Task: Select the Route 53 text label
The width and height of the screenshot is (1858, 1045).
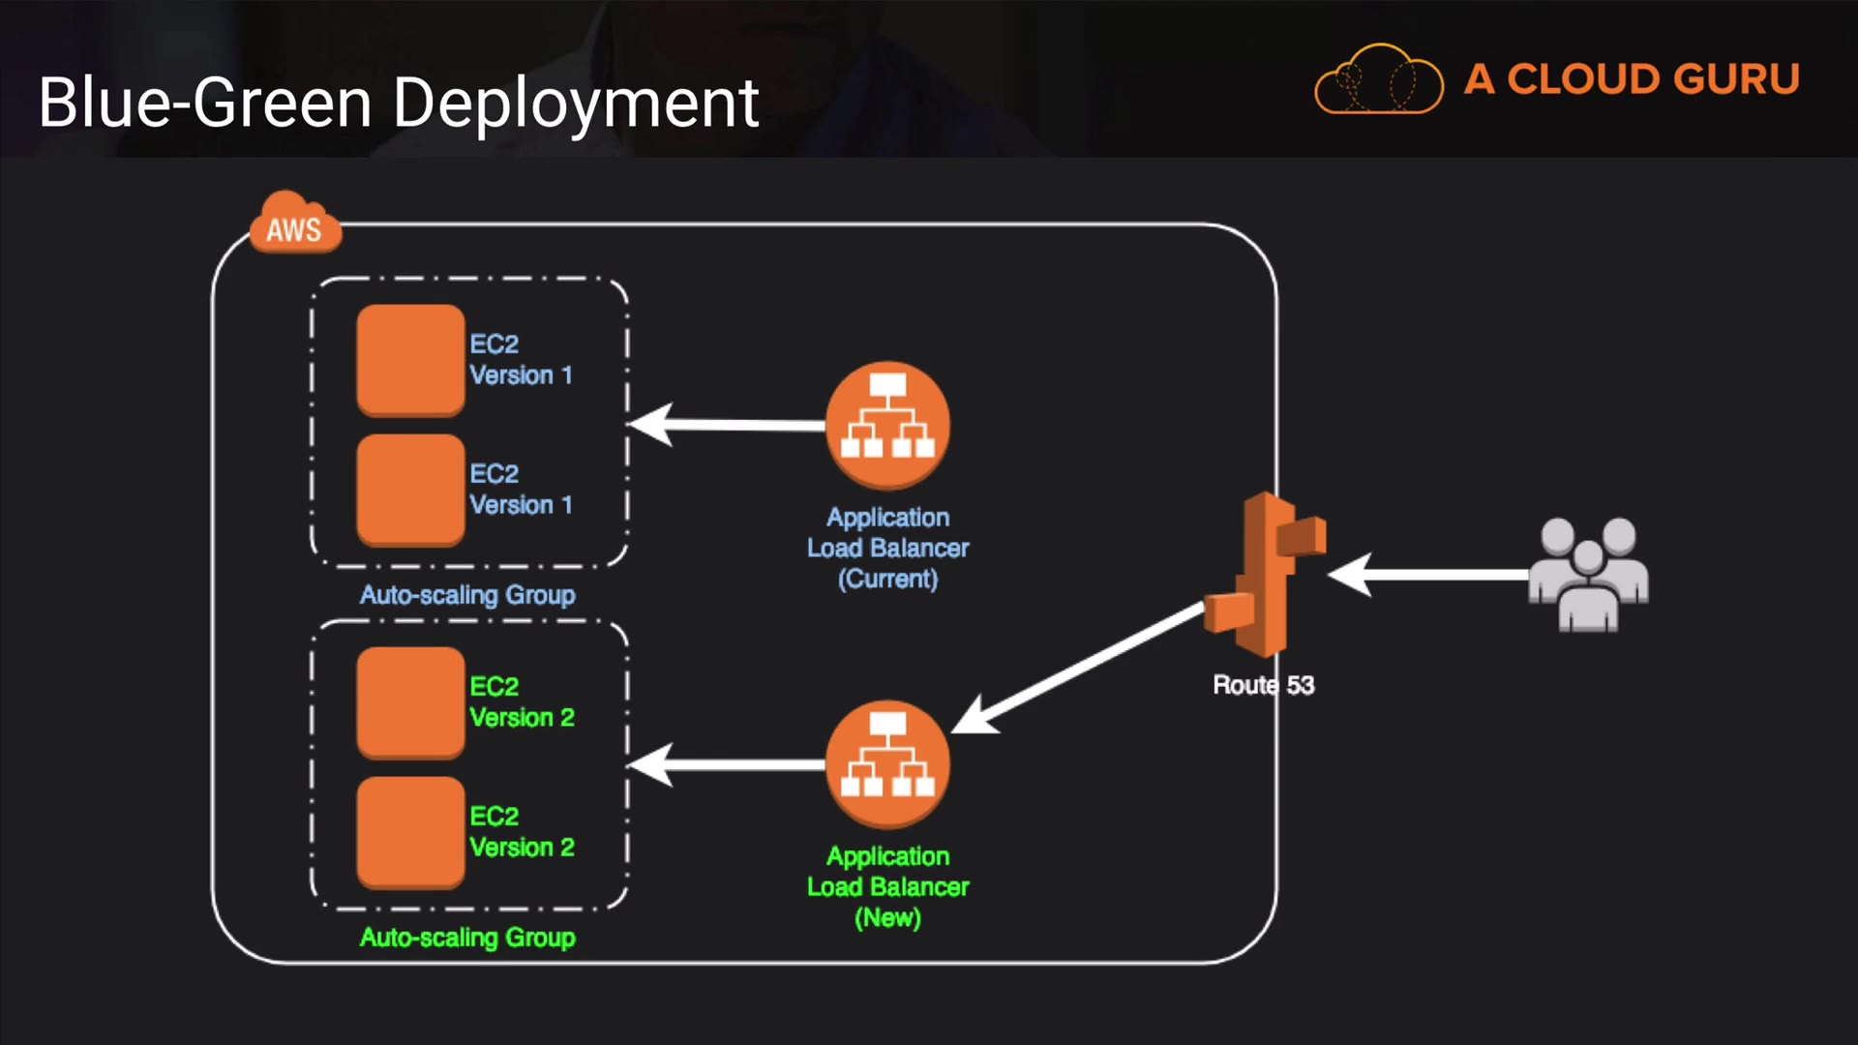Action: pos(1263,685)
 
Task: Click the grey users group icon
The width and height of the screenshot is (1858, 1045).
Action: pos(1588,575)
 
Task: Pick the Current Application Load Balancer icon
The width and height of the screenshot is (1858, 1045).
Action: pos(887,426)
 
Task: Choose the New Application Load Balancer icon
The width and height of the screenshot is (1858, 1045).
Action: pos(887,764)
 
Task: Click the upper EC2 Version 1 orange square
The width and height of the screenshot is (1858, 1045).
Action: pos(410,360)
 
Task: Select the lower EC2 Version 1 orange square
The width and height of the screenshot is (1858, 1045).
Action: pos(410,490)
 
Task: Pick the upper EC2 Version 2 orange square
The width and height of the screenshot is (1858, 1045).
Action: pos(410,702)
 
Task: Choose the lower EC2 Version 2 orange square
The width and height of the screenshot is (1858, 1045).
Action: pos(410,832)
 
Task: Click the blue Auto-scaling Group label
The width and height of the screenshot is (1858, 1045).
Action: pos(467,594)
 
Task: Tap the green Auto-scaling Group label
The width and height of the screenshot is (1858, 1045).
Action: pos(467,937)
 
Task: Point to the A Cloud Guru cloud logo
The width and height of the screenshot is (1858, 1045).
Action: pos(1378,79)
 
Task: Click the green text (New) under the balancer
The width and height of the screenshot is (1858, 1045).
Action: pos(887,917)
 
